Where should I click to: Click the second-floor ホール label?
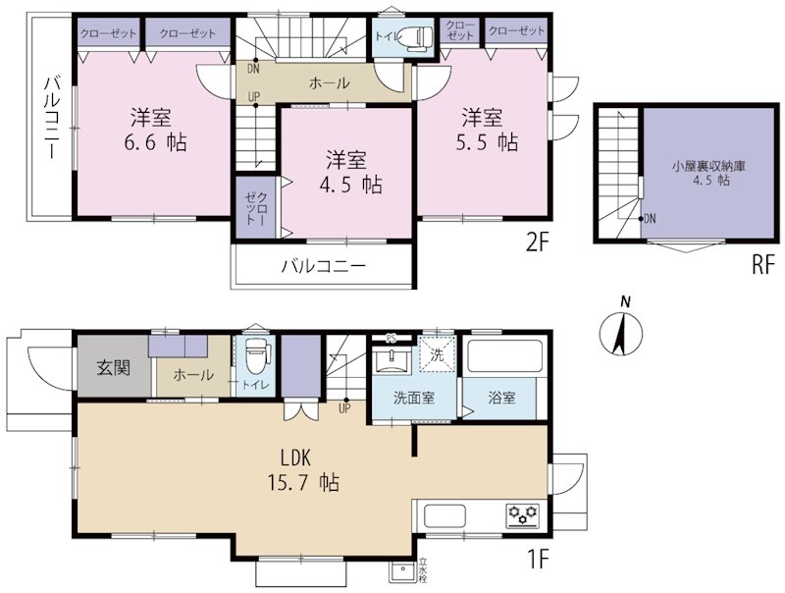point(329,83)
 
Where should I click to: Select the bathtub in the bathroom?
point(502,356)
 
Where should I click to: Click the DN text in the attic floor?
point(650,219)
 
